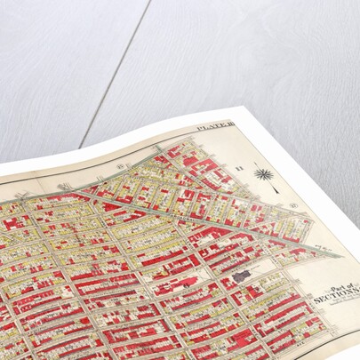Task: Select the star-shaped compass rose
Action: pos(262,172)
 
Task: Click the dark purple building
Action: pos(241,276)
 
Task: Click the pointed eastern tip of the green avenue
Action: pos(339,256)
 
